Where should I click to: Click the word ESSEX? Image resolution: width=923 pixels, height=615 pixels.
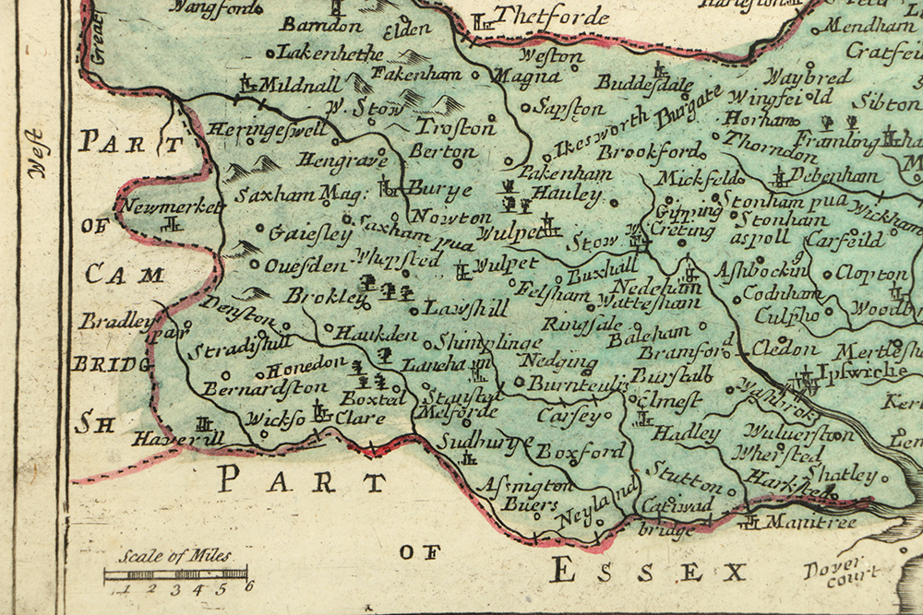pyautogui.click(x=647, y=572)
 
